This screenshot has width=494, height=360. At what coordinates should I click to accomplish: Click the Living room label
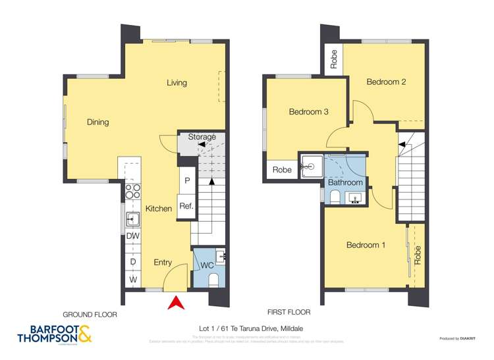(177, 83)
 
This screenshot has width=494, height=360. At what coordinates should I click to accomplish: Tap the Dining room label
(97, 122)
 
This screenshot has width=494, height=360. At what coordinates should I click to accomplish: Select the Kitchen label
(159, 209)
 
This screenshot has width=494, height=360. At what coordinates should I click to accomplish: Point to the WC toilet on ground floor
(213, 280)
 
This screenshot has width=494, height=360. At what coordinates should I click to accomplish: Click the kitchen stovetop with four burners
(132, 190)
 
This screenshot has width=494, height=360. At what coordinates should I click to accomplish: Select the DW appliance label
(132, 236)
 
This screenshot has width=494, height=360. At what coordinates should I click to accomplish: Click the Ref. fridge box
(186, 206)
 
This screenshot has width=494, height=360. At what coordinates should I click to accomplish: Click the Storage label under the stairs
(202, 137)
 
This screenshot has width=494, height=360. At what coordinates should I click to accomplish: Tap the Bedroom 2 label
(386, 82)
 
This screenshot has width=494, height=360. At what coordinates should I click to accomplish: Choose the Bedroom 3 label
(308, 112)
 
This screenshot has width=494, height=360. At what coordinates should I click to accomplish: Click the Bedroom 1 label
(366, 245)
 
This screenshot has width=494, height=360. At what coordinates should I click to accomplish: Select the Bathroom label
(345, 182)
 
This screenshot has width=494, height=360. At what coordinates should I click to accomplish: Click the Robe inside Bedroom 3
(282, 169)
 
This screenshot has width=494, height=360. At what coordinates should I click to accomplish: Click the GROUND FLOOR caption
(90, 315)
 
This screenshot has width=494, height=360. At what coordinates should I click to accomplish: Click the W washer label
(132, 280)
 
